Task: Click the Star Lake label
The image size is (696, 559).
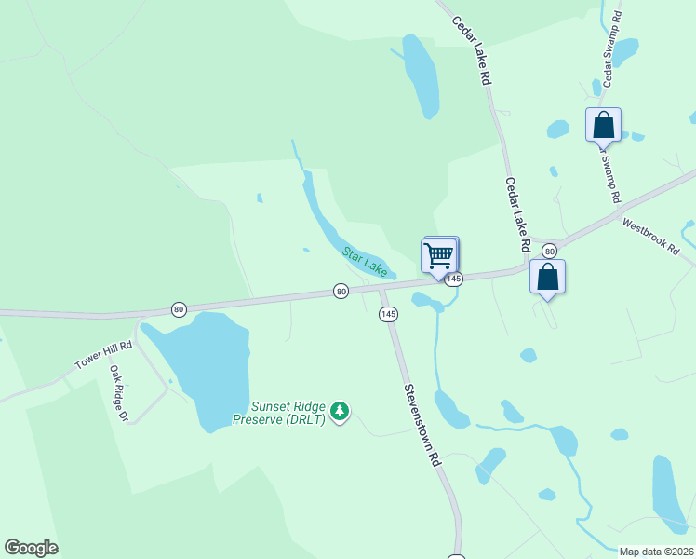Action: (364, 260)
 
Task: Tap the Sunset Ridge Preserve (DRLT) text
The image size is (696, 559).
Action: (289, 412)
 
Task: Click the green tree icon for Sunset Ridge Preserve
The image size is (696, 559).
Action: (340, 411)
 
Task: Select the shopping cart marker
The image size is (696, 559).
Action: (439, 254)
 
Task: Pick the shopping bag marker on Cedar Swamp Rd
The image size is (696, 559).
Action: (603, 125)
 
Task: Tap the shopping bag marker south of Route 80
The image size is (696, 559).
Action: (548, 278)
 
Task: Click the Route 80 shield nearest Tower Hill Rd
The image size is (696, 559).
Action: (179, 308)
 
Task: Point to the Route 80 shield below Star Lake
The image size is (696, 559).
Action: (341, 292)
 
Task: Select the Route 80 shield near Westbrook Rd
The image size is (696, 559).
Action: (549, 251)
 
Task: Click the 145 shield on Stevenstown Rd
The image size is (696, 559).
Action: (388, 315)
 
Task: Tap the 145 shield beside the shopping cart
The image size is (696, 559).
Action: (453, 279)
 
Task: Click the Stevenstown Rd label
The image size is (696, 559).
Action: (421, 425)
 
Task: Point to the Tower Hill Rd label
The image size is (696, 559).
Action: (103, 355)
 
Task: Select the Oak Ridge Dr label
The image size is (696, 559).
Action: (118, 392)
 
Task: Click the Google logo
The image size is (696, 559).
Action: (31, 548)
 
